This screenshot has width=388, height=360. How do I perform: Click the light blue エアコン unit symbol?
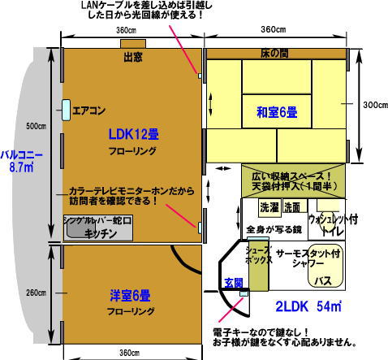[x=64, y=109]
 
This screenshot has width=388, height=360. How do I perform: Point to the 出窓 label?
[x=133, y=58]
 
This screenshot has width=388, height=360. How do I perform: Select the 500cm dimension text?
[x=35, y=127]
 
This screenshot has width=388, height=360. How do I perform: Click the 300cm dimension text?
[x=372, y=104]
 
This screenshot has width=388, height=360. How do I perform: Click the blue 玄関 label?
[x=235, y=283]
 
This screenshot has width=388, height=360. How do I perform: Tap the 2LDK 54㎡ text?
[x=308, y=308]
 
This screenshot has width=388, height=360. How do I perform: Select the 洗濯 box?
[x=270, y=207]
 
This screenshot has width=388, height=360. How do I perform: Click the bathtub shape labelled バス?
[x=322, y=278]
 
